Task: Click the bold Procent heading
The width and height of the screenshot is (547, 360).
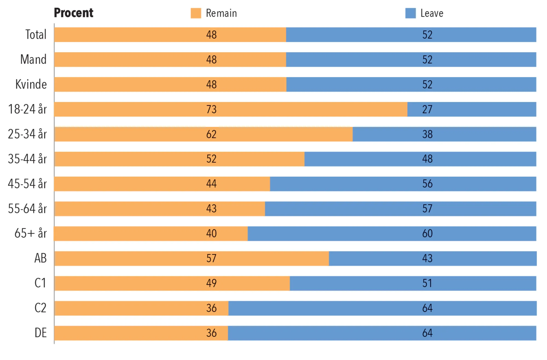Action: coord(73,13)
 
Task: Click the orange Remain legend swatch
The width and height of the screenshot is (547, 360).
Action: coord(196,13)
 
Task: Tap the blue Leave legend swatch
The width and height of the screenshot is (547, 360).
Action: coord(410,13)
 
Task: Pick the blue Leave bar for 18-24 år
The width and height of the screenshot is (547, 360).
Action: coord(472,109)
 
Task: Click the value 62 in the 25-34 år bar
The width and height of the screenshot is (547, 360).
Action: coord(211,134)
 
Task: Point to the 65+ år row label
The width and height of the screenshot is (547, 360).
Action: coord(31,233)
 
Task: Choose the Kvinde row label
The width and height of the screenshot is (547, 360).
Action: coord(31,84)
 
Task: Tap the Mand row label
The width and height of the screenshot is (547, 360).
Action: coord(33,59)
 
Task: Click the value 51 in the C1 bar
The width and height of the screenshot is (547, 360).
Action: coord(427,283)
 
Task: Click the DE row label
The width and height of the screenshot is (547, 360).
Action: coord(40,333)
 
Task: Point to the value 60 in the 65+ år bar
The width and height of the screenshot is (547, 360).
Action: coord(427,233)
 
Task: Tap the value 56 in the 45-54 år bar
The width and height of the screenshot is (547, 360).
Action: coord(427,184)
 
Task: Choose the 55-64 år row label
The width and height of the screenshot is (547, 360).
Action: coord(27,209)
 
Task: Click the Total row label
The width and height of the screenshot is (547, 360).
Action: coord(36,34)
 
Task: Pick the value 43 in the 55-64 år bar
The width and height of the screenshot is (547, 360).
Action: coord(211,209)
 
